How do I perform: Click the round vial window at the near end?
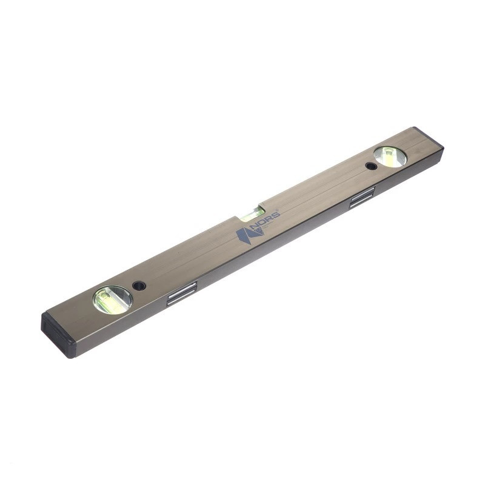113,299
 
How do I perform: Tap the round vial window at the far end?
390,156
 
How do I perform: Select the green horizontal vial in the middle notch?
253,214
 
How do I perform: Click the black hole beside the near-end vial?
139,285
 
